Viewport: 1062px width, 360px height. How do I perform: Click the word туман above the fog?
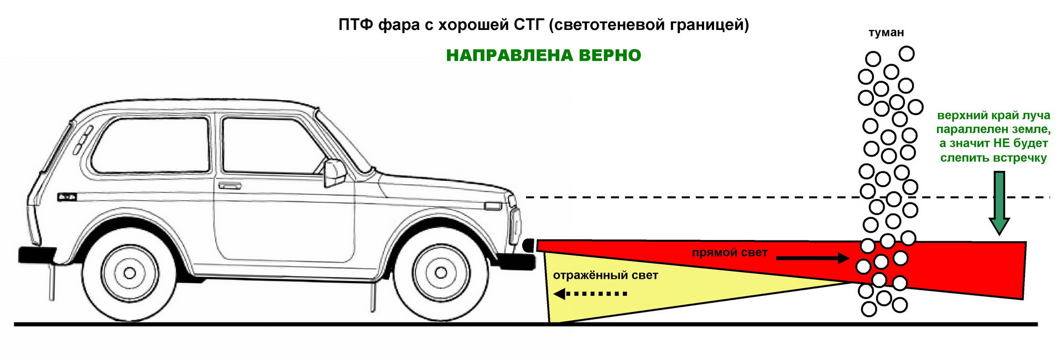point(886,33)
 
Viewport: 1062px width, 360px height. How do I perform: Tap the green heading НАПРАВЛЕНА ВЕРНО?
point(543,55)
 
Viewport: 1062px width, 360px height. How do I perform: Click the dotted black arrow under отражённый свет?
point(590,294)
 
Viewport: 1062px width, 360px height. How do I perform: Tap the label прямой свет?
point(729,253)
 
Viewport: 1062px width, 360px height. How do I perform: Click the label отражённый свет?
point(605,275)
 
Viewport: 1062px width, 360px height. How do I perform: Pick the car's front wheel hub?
point(441,273)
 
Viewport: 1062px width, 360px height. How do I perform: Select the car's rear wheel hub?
point(129,273)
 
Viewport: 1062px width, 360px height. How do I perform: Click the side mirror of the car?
point(334,173)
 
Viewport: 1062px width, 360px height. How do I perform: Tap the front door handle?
point(230,186)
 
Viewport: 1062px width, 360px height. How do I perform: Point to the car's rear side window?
point(150,145)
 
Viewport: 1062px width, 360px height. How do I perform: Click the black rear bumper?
point(37,254)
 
